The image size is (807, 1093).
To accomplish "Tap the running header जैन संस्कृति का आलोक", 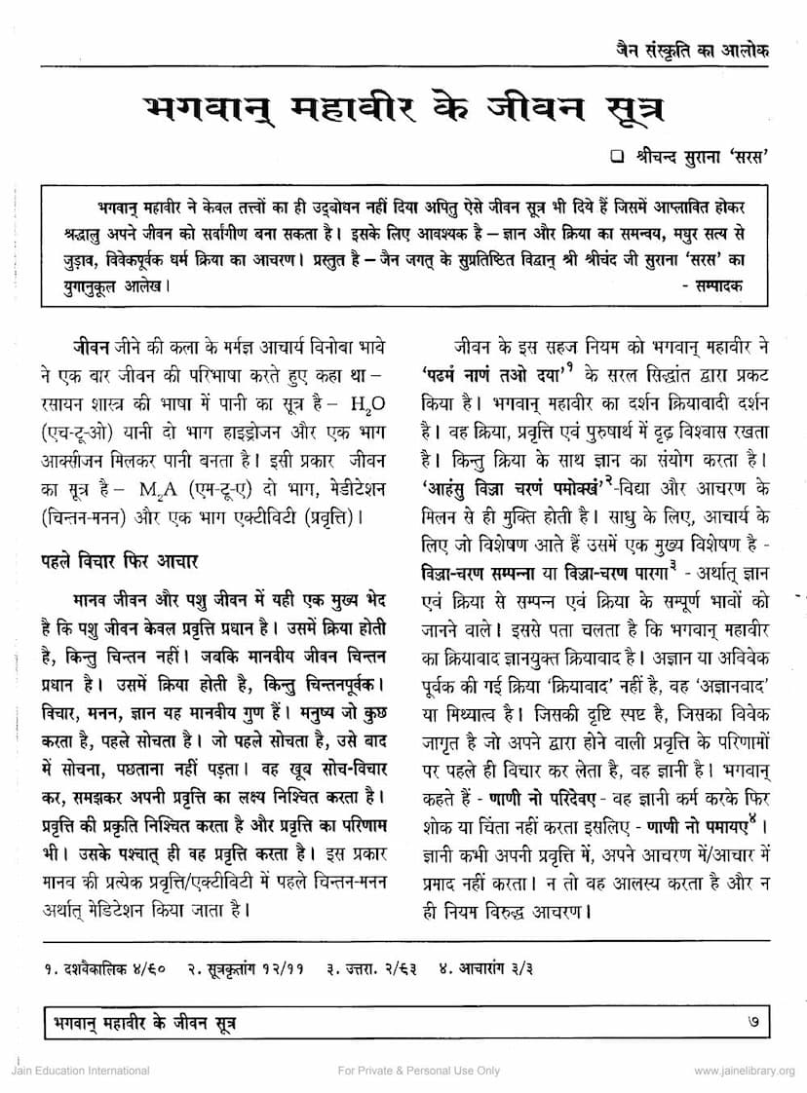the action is pos(685,50).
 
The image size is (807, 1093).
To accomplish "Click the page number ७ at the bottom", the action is pos(750,1022).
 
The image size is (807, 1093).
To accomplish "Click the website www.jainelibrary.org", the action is pos(744,1071).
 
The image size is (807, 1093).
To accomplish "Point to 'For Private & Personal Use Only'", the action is pos(418,1071).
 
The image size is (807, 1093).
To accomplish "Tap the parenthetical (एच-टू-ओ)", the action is pos(81,430).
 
